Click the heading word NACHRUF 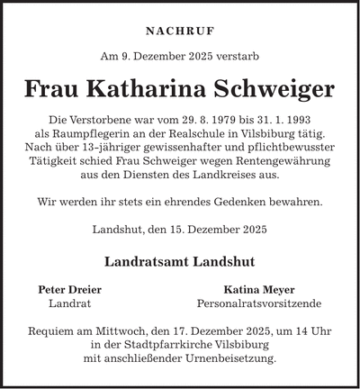(x=180, y=29)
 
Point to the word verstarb (x=238, y=56)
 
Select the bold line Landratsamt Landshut (x=180, y=261)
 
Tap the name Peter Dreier (x=69, y=290)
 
